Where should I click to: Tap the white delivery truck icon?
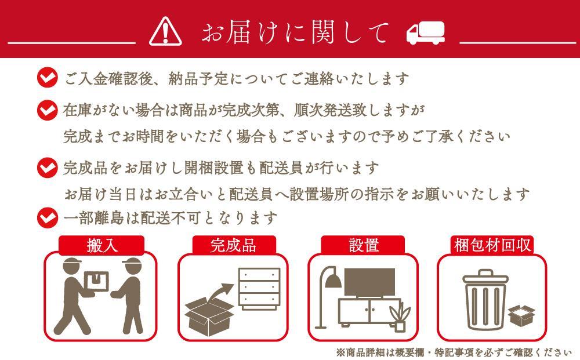(425, 33)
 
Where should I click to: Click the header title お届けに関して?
(295, 32)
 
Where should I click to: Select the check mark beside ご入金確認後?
(48, 77)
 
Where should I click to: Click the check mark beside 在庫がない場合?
(48, 110)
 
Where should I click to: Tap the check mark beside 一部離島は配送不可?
(48, 217)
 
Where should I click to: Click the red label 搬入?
(101, 245)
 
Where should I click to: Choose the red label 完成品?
(234, 245)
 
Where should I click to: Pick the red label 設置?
(363, 245)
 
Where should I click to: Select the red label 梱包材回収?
(492, 245)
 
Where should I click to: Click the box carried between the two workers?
(97, 282)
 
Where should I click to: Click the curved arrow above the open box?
(220, 293)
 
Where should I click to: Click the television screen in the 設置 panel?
(369, 282)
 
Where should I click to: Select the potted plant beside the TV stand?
(400, 317)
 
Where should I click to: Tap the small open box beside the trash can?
(521, 315)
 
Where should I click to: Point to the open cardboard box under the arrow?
(209, 317)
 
